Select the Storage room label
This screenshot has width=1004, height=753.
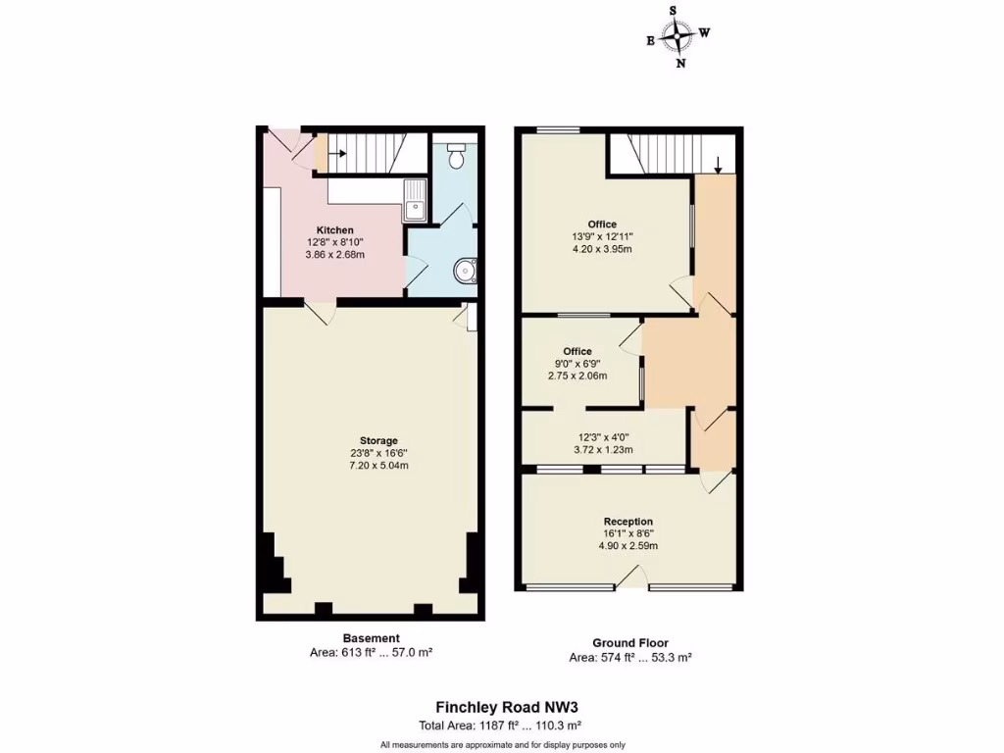(x=378, y=440)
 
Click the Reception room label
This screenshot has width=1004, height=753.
(x=628, y=522)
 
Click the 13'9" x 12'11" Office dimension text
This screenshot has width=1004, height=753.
(x=603, y=236)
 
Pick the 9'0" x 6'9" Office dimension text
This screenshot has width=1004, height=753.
(x=577, y=364)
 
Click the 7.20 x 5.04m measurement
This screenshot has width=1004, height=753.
(x=378, y=466)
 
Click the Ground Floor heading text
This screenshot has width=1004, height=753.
(x=630, y=644)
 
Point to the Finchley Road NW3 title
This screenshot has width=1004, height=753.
(x=501, y=706)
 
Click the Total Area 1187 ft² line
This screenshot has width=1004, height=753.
(x=501, y=726)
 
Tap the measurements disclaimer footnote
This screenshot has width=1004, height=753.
(x=501, y=744)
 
